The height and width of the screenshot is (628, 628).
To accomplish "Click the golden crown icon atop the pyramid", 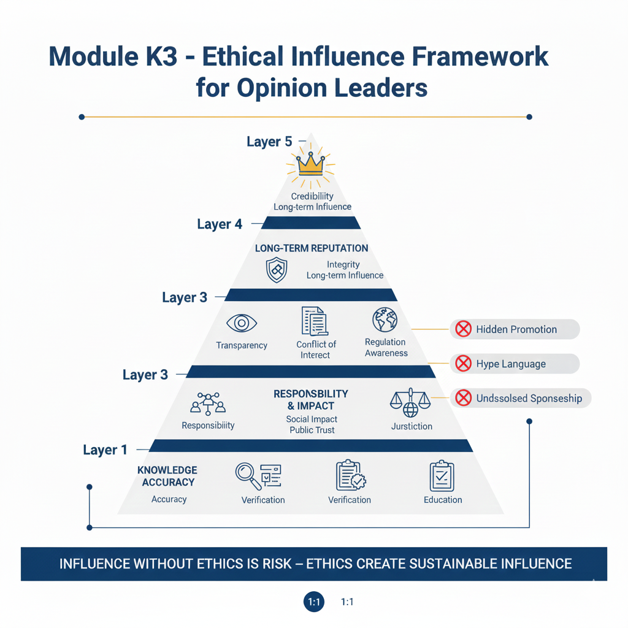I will point(310,164).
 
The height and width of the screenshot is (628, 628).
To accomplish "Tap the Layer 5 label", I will point(269,142).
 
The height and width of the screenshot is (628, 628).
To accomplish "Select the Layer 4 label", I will point(220,224).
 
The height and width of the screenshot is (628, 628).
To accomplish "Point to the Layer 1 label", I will point(105,450).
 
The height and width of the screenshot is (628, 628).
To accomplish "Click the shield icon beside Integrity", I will point(276,270).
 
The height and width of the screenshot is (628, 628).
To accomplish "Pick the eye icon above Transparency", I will point(241,323).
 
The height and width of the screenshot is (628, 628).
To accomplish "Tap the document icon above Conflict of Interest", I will point(314,321).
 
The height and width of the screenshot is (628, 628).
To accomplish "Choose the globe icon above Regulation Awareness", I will point(385,320).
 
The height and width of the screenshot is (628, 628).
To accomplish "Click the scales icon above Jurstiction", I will point(405,402).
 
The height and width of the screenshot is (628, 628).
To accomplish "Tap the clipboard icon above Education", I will point(442,476).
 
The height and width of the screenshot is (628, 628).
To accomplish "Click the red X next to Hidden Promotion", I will point(461,329).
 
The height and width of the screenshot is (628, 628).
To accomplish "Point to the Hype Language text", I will point(511,364).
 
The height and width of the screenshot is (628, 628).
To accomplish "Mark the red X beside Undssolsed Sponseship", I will point(462,399).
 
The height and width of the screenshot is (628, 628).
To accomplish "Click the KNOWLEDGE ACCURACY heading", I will point(167,476).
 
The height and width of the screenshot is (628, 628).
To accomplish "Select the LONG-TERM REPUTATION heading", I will point(312,248).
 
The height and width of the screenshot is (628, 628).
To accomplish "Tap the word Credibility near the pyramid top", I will point(312,196).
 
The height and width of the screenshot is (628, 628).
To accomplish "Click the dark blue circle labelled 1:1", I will point(314,602).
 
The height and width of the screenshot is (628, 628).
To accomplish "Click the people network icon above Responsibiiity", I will point(208,402).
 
